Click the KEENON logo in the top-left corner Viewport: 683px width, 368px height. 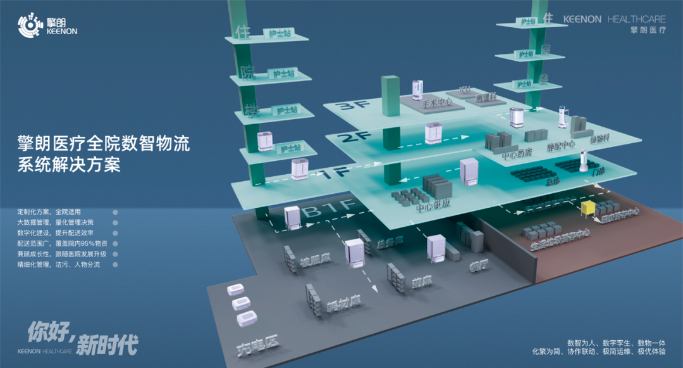[47, 25]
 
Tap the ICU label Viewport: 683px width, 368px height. [466, 92]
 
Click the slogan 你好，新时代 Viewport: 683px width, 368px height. [83, 338]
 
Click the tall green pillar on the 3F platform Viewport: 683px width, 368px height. [390, 95]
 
